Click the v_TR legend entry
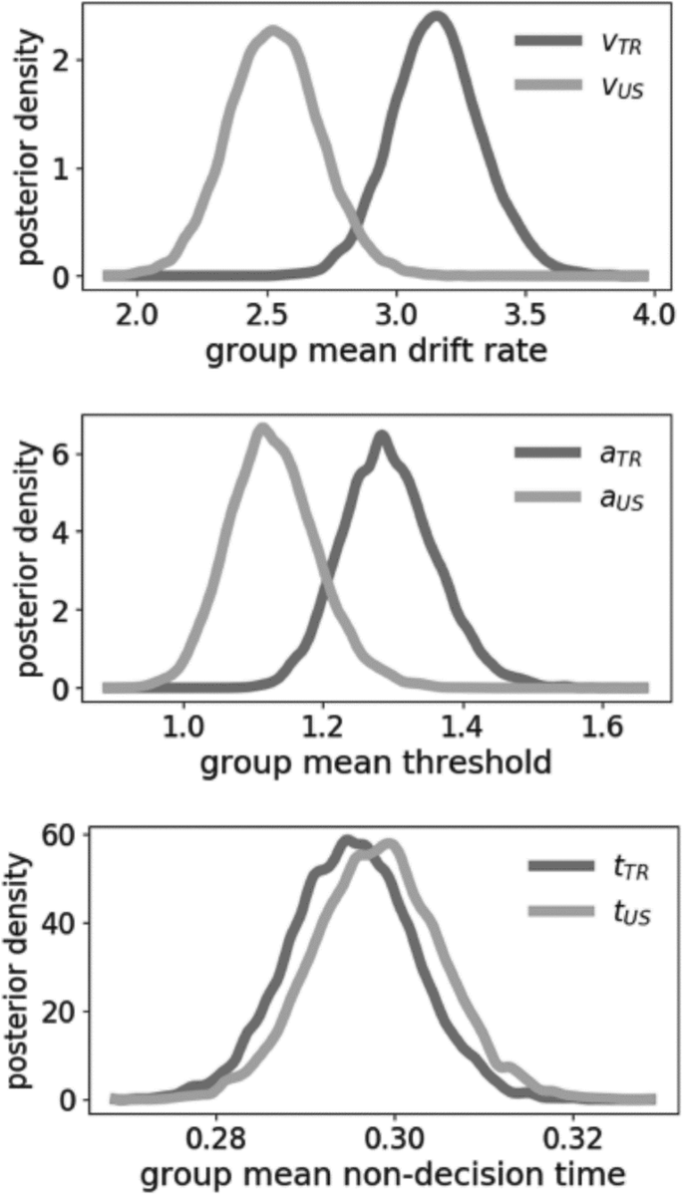click(x=579, y=42)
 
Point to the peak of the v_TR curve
click(x=435, y=17)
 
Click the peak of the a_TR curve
click(x=381, y=436)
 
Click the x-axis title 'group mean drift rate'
click(x=377, y=353)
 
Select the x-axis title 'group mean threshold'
click(x=377, y=764)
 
